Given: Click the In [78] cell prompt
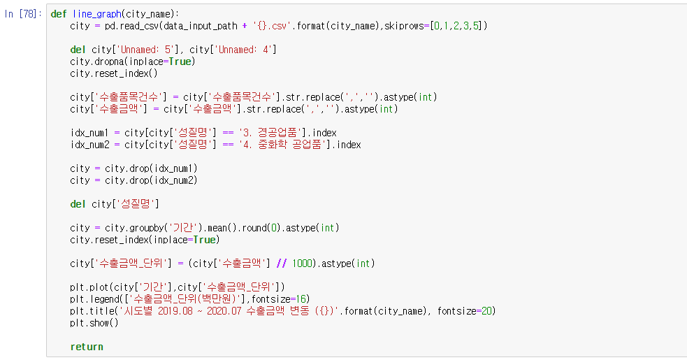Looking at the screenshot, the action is point(24,14).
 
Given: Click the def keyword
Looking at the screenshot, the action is point(59,14).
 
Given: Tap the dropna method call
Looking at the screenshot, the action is point(112,62).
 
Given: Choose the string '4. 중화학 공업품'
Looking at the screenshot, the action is point(285,145).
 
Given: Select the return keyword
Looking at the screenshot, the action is point(87,347).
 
